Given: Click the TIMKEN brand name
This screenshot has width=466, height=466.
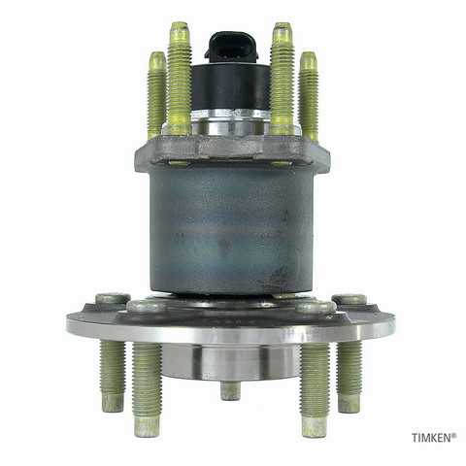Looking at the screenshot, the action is click(x=431, y=438).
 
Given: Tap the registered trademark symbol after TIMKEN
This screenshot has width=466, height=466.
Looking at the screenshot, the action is click(x=454, y=435).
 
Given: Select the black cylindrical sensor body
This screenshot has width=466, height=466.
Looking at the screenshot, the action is click(x=230, y=86).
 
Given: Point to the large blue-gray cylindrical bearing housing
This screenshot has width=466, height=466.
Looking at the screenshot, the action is click(x=231, y=228).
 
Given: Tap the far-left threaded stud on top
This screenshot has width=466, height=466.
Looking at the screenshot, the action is click(x=157, y=95).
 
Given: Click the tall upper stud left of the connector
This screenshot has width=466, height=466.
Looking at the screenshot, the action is click(x=180, y=78).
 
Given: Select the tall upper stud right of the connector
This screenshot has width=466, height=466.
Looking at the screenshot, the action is click(x=282, y=78).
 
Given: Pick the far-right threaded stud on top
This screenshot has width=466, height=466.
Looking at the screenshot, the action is click(x=309, y=96).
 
